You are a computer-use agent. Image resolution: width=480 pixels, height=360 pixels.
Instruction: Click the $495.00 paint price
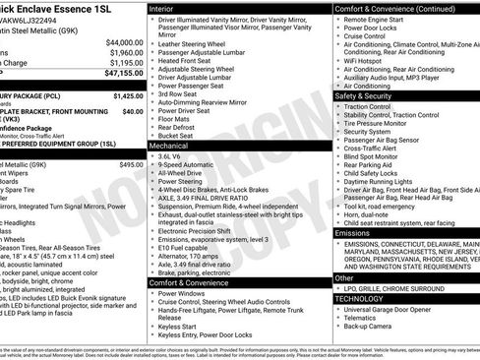(x=131, y=164)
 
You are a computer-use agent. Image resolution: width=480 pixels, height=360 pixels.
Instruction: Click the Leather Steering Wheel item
(x=199, y=44)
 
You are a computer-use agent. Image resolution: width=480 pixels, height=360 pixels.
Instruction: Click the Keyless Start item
(x=182, y=327)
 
